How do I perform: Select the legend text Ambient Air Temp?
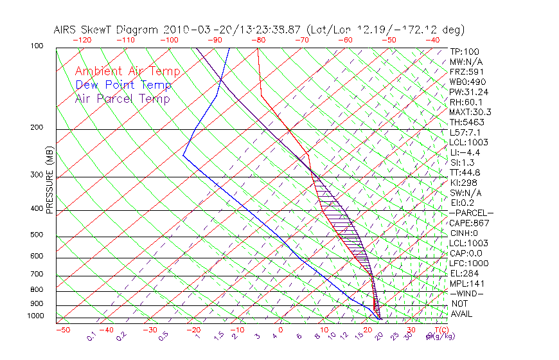click(127, 71)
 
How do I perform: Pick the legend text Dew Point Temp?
click(123, 85)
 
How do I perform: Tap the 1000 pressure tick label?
click(36, 316)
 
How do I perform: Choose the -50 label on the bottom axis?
click(62, 330)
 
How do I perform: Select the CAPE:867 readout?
click(469, 223)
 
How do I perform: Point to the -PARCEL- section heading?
click(471, 213)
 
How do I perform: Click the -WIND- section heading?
click(467, 293)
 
